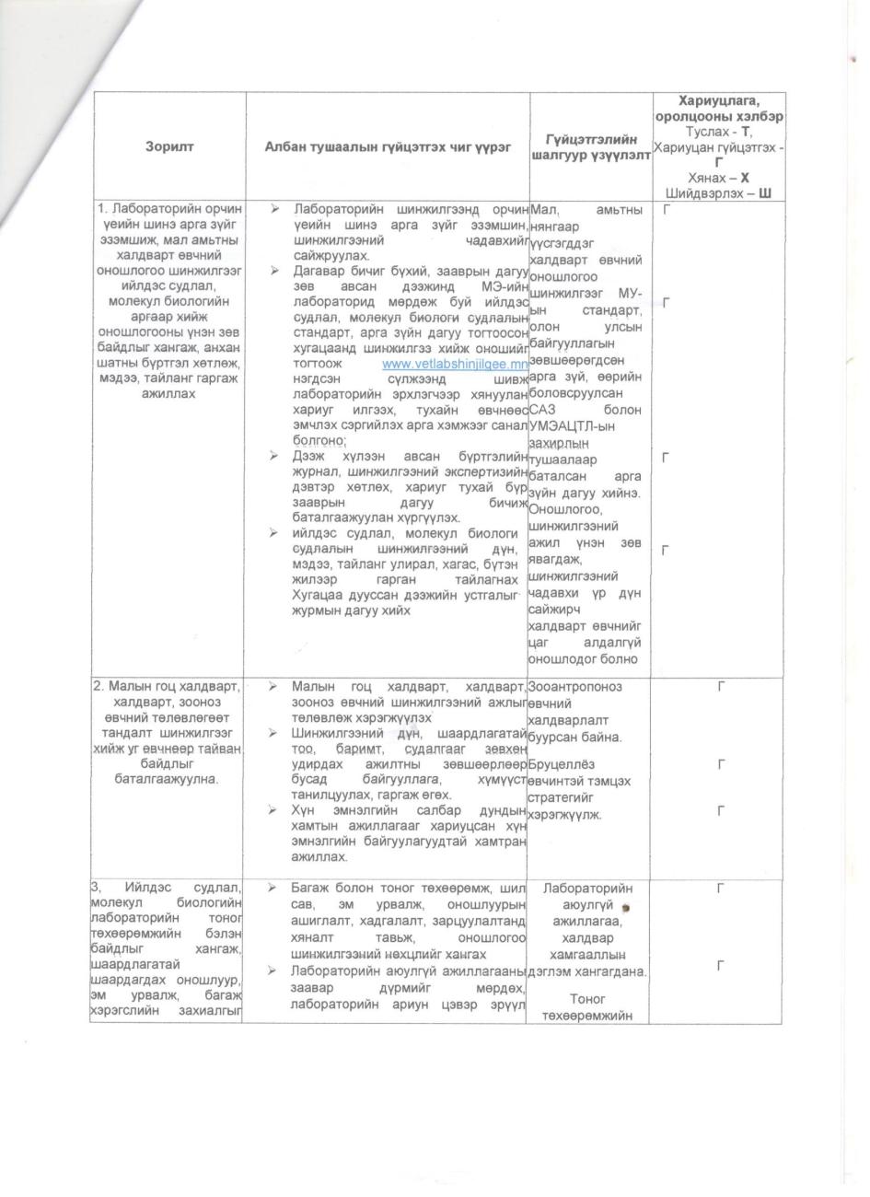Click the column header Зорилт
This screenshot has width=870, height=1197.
(x=168, y=146)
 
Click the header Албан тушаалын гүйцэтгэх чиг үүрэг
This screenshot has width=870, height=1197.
(x=388, y=146)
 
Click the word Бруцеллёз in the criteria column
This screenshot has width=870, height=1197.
(x=562, y=764)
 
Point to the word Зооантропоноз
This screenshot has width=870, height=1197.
(x=574, y=686)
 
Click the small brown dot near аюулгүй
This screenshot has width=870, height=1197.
(x=625, y=907)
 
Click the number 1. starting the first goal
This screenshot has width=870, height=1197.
(x=102, y=211)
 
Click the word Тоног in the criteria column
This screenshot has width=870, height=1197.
(x=587, y=998)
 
